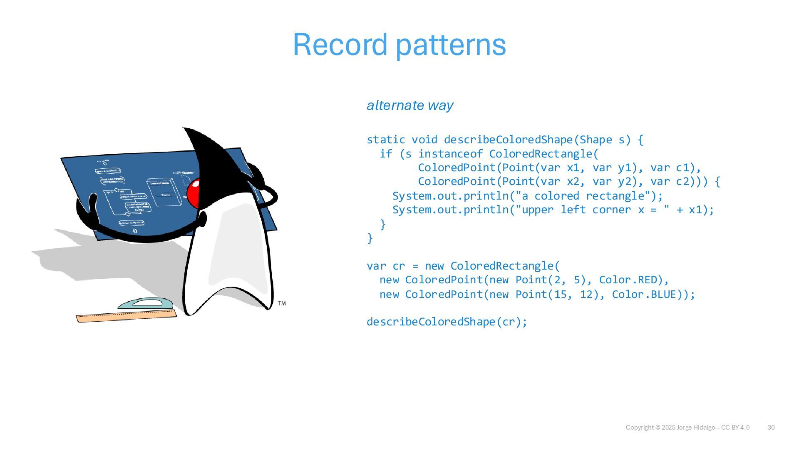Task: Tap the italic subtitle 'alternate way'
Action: pyautogui.click(x=410, y=105)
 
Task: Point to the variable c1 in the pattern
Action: pyautogui.click(x=682, y=168)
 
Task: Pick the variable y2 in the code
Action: pyautogui.click(x=624, y=182)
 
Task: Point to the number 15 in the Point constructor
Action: pyautogui.click(x=560, y=295)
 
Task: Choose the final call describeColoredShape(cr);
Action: pyautogui.click(x=447, y=322)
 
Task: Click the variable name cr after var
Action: pyautogui.click(x=399, y=266)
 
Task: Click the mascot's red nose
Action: pyautogui.click(x=193, y=194)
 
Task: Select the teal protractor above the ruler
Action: pyautogui.click(x=145, y=303)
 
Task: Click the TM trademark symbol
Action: pyautogui.click(x=282, y=303)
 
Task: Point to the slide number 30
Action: pyautogui.click(x=771, y=427)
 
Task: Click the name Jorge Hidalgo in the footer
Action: pyautogui.click(x=696, y=427)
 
